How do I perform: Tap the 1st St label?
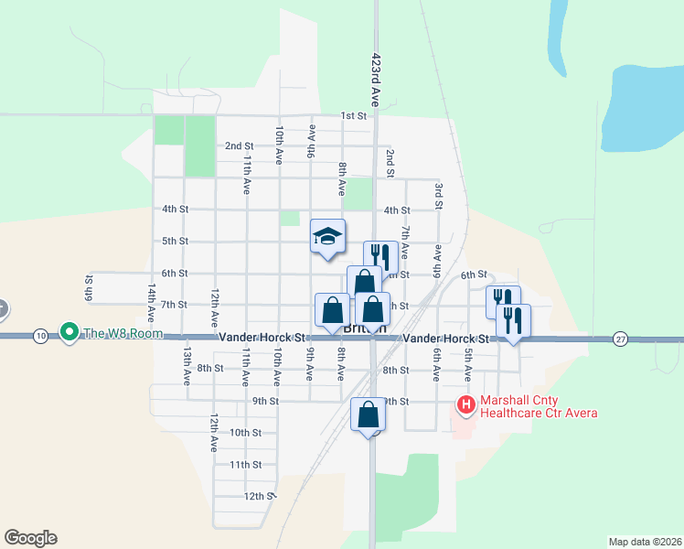pyautogui.click(x=353, y=116)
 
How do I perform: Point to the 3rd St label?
pyautogui.click(x=439, y=197)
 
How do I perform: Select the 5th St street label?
pyautogui.click(x=175, y=242)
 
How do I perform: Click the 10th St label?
pyautogui.click(x=245, y=433)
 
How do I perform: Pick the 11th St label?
pyautogui.click(x=245, y=465)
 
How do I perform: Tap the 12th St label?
pyautogui.click(x=259, y=496)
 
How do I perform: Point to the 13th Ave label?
pyautogui.click(x=186, y=363)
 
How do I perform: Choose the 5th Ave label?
pyautogui.click(x=467, y=364)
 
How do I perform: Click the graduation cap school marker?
pyautogui.click(x=328, y=238)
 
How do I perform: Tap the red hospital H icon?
pyautogui.click(x=465, y=404)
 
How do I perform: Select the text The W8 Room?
pyautogui.click(x=123, y=333)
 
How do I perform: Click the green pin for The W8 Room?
pyautogui.click(x=69, y=332)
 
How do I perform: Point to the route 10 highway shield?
pyautogui.click(x=40, y=337)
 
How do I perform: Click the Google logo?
pyautogui.click(x=31, y=538)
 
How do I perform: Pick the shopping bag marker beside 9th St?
pyautogui.click(x=368, y=414)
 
